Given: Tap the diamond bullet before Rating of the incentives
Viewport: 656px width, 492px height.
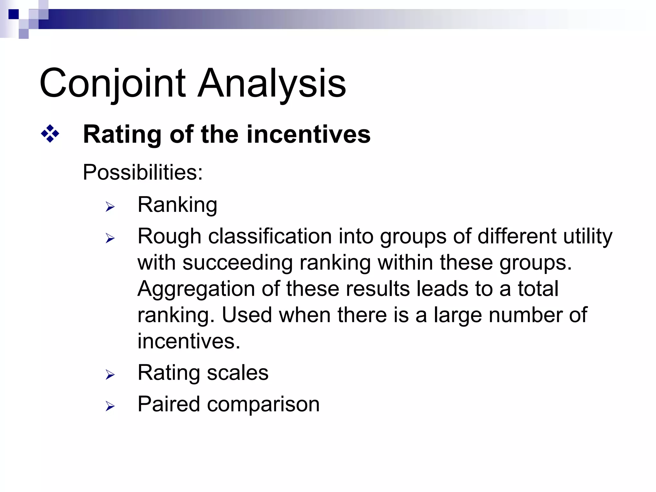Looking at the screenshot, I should pyautogui.click(x=50, y=134).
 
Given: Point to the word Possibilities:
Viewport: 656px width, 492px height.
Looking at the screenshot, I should pyautogui.click(x=143, y=173).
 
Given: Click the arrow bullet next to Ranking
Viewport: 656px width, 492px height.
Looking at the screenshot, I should pyautogui.click(x=110, y=207).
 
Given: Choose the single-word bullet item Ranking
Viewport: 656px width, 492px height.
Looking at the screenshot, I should pyautogui.click(x=177, y=205).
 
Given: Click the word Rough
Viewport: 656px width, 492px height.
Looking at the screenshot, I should pyautogui.click(x=169, y=237).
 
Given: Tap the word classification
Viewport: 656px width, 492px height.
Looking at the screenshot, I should pyautogui.click(x=270, y=237).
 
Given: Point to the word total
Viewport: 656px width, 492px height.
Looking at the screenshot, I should pyautogui.click(x=538, y=289).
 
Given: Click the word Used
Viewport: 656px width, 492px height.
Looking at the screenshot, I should pyautogui.click(x=247, y=315).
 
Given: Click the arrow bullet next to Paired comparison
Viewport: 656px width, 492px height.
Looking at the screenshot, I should pyautogui.click(x=110, y=406).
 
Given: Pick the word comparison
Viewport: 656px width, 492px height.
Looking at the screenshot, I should pyautogui.click(x=263, y=405).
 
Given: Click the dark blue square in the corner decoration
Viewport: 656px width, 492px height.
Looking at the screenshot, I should pyautogui.click(x=13, y=14).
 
